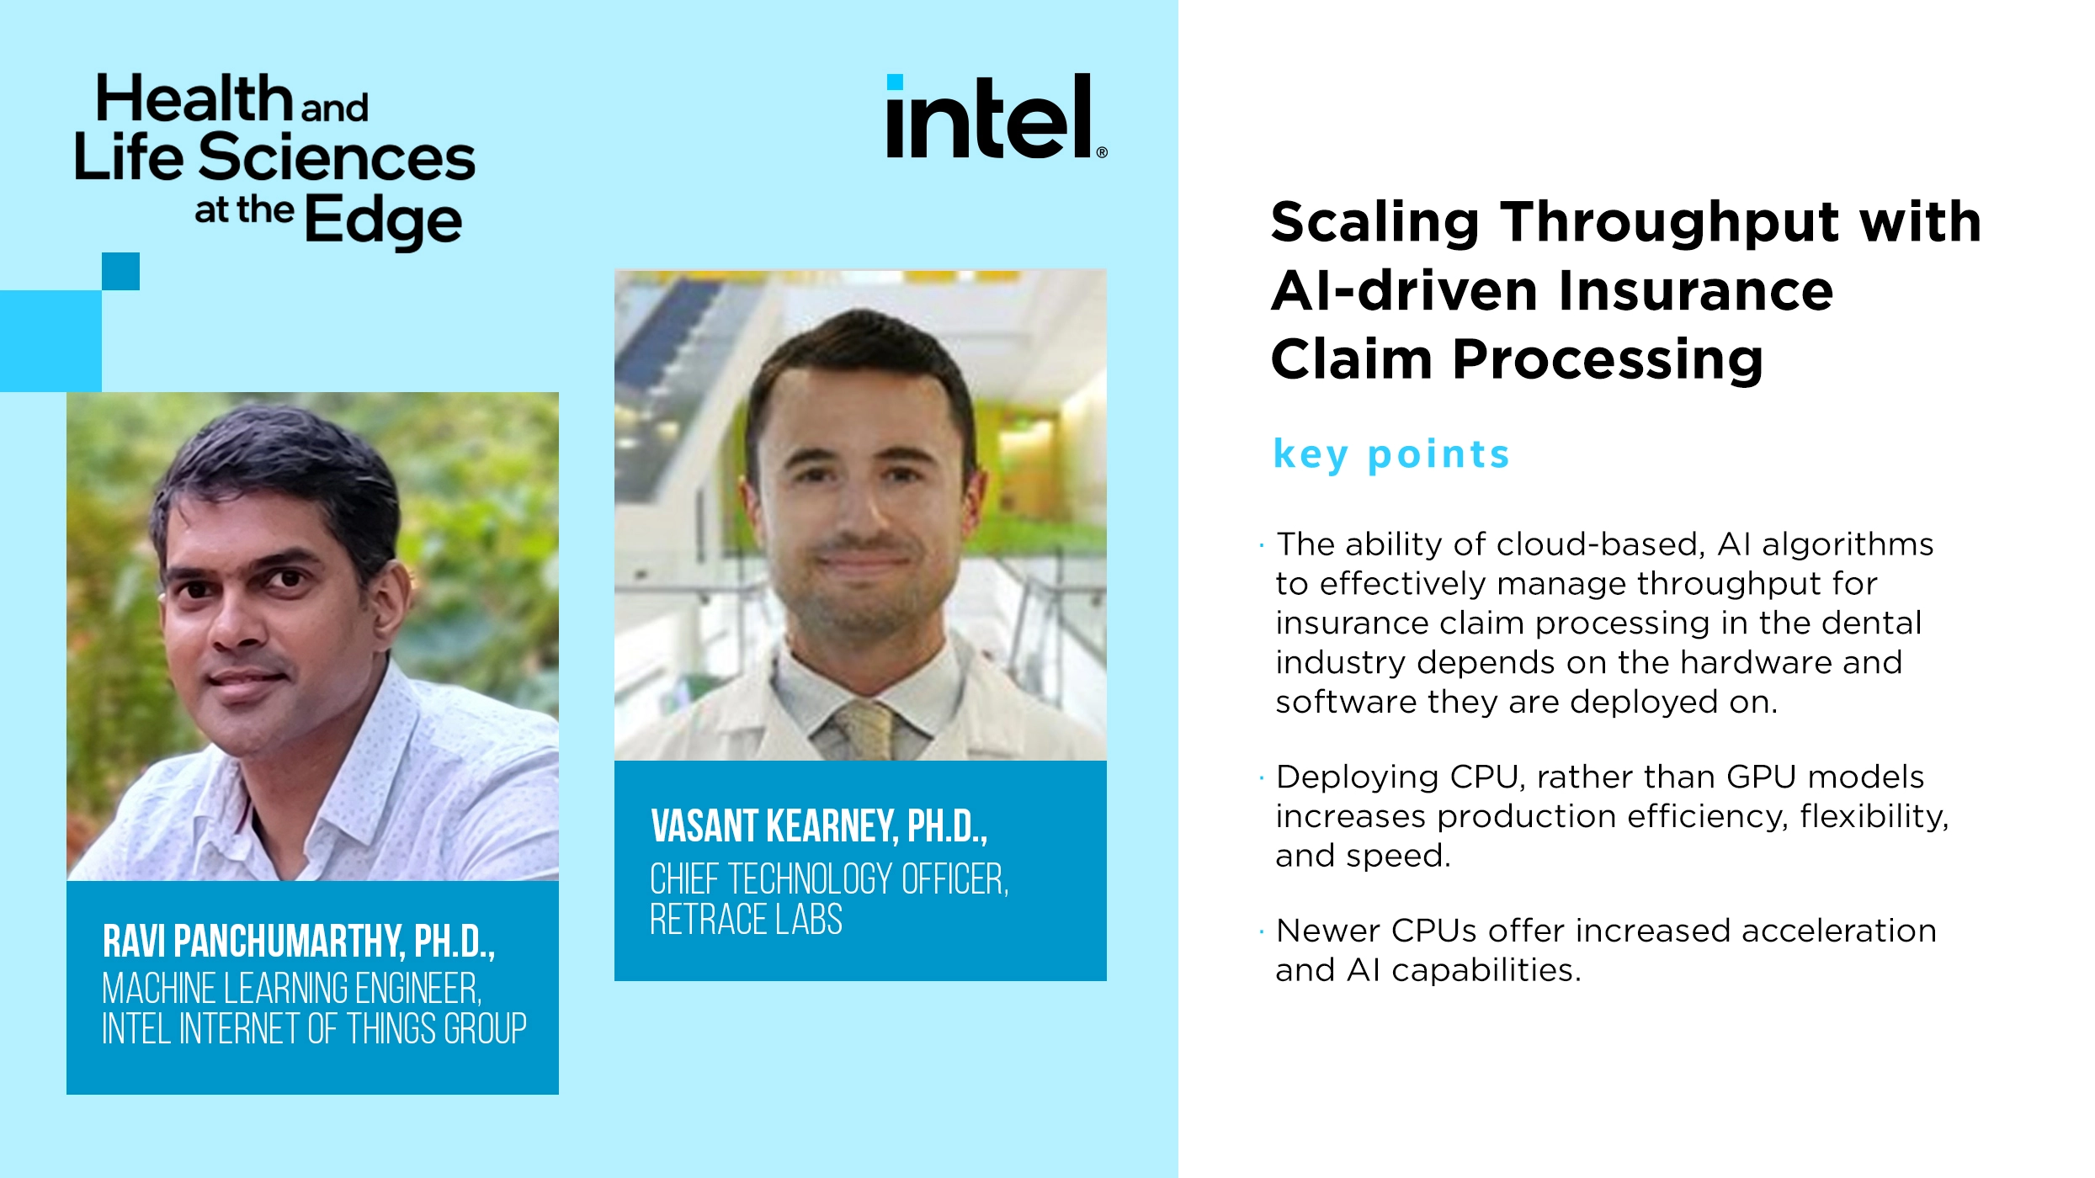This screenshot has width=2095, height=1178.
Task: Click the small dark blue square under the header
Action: (120, 271)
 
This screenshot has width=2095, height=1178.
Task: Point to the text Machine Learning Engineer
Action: (291, 988)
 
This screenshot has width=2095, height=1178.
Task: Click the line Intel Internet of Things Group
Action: (314, 1028)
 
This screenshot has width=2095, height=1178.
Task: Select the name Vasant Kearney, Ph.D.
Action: (818, 826)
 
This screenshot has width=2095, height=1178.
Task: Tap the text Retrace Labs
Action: (746, 919)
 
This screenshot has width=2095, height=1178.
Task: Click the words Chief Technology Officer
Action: (828, 879)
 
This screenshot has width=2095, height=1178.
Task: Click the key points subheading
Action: (1391, 454)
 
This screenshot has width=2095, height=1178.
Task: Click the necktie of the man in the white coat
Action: (865, 729)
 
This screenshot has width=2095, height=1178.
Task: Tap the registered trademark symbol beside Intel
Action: (1102, 152)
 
